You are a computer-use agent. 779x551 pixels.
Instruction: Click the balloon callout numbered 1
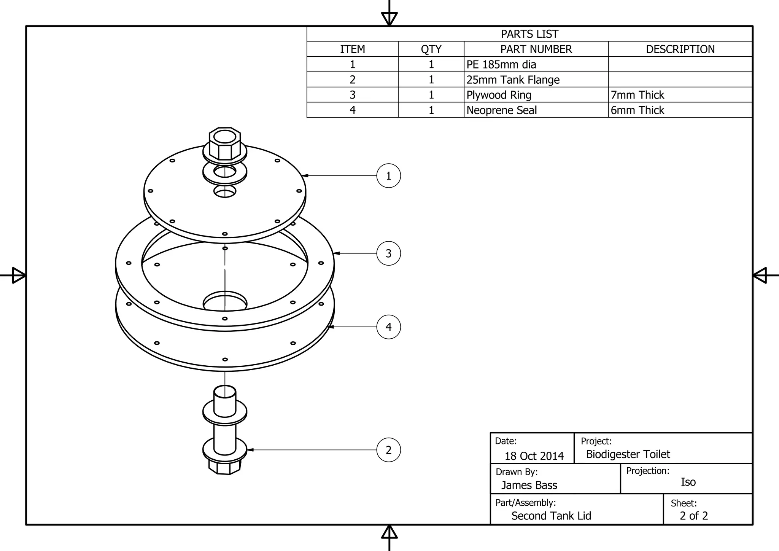pos(388,176)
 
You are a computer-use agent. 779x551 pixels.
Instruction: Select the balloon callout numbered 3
pos(388,253)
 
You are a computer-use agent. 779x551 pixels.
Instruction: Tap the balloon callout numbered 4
pos(388,327)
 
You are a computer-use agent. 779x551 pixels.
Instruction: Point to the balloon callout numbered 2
pos(388,450)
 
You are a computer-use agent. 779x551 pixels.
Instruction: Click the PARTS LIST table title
pos(529,34)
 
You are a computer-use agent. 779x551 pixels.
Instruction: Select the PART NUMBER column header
pos(536,49)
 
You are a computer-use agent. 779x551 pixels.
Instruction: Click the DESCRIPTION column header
pos(680,49)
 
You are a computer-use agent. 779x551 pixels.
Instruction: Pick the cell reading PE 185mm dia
pos(501,65)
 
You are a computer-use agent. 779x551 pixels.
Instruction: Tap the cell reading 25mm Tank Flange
pos(513,80)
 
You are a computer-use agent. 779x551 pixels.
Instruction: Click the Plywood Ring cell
pos(499,95)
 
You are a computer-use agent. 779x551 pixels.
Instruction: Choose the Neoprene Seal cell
pos(501,110)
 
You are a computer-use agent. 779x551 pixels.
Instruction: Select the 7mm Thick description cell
pos(638,95)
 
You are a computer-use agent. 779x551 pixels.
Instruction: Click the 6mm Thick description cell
pos(638,110)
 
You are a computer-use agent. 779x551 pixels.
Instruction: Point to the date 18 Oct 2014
pos(534,456)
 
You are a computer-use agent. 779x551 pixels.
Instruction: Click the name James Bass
pos(529,485)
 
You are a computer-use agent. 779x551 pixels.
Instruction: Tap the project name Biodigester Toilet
pos(628,454)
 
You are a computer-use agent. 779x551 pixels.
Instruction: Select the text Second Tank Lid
pos(551,516)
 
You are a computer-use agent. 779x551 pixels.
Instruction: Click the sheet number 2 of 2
pos(694,516)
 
